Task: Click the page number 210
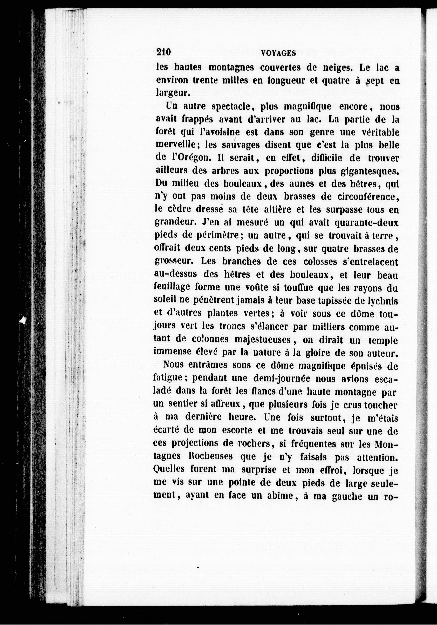coord(163,52)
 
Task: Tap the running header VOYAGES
coord(278,53)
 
